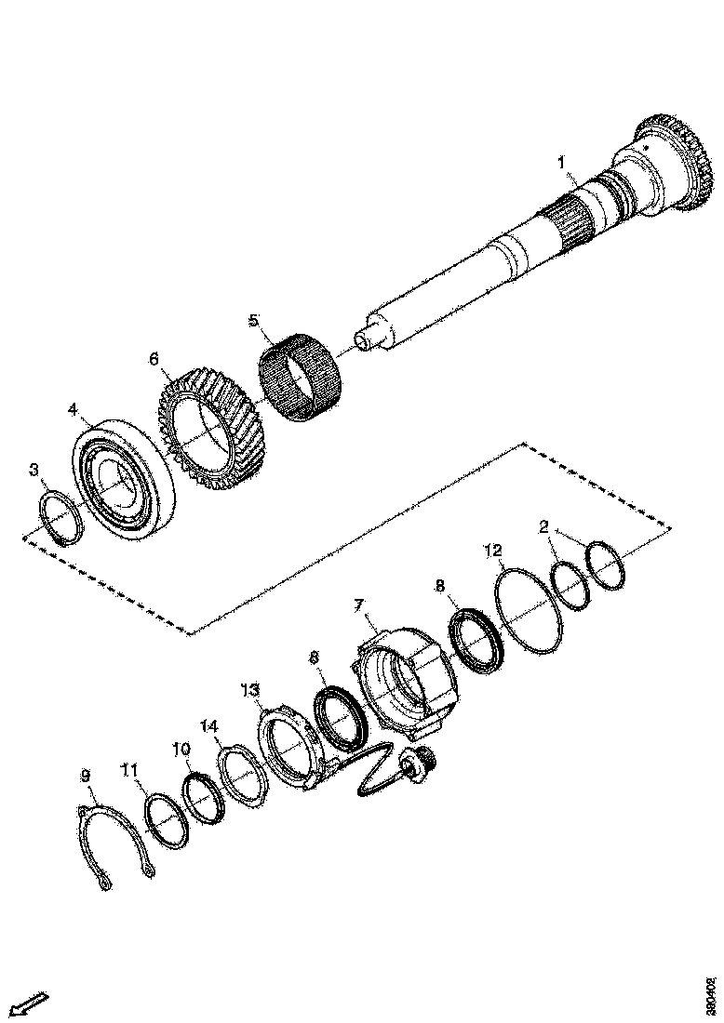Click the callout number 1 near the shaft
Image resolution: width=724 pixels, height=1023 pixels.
click(x=561, y=162)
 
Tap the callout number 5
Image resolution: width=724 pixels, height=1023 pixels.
click(x=252, y=320)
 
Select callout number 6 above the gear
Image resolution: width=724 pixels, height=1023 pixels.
click(x=154, y=358)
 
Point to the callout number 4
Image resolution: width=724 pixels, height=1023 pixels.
click(x=73, y=408)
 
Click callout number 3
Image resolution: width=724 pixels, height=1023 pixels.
click(x=34, y=471)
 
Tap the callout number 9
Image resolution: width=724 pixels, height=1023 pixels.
click(x=86, y=775)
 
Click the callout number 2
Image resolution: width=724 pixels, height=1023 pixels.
click(x=543, y=527)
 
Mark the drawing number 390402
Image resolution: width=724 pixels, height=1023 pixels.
click(x=712, y=994)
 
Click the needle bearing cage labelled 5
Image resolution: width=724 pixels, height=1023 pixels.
click(x=301, y=381)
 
